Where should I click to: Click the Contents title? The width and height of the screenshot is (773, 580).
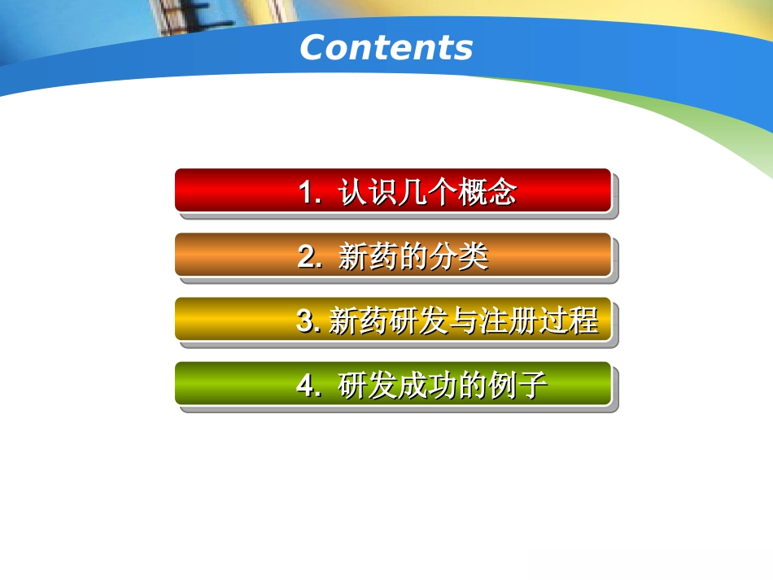(386, 48)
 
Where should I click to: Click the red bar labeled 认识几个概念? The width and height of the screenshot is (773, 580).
(392, 190)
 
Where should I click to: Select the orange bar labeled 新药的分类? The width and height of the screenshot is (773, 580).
(392, 255)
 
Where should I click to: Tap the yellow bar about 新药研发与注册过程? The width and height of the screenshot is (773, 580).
(392, 319)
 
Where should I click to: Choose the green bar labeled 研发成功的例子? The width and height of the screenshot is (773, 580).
(392, 383)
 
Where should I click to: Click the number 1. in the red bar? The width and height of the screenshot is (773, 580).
(310, 194)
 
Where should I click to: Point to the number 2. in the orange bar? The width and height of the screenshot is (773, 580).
(310, 258)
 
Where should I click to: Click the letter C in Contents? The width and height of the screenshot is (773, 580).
(313, 48)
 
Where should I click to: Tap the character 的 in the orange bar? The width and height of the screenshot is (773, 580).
(413, 258)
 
